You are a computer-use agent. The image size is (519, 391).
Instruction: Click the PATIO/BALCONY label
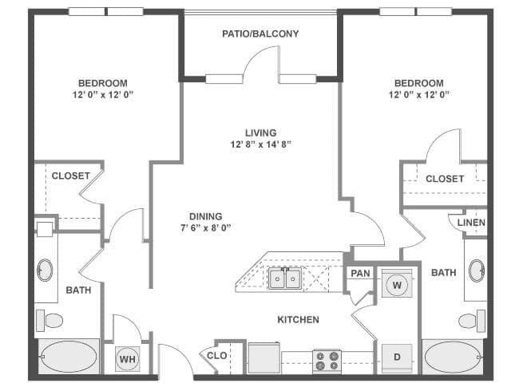pos(260,34)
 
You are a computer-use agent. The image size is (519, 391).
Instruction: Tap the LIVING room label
pos(260,132)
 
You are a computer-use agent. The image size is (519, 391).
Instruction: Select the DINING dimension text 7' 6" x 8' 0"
pos(205,227)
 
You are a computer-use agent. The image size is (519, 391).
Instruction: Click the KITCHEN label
pos(298,320)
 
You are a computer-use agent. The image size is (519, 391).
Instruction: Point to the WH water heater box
pos(127,359)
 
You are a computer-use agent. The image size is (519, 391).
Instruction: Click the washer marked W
pos(397,284)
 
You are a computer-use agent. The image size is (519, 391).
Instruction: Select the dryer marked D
pos(397,357)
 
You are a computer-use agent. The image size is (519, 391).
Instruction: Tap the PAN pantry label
pos(361,274)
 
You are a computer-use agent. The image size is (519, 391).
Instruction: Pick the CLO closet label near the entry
pos(216,356)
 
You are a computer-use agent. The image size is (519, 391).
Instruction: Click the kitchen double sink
pos(284,278)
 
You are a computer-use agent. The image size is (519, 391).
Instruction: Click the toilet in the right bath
pos(470,321)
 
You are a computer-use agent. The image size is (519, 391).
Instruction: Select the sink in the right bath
pos(477,271)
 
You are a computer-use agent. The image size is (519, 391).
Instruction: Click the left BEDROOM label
pos(102,84)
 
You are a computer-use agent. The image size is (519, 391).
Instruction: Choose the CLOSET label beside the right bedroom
pos(445,179)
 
